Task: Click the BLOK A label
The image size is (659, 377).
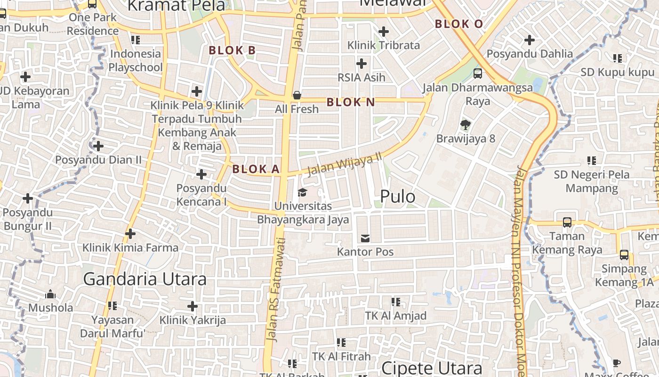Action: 256,169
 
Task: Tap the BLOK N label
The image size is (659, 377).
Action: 351,102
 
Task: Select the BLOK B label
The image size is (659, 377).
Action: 232,50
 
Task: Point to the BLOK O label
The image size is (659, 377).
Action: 459,24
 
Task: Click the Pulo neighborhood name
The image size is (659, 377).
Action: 397,197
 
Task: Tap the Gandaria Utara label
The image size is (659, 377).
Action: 145,279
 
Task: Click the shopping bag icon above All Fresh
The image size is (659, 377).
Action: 297,96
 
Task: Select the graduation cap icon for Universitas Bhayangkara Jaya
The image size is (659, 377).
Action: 302,192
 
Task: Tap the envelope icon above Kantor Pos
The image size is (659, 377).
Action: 365,238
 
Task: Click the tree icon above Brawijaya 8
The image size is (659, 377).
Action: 466,125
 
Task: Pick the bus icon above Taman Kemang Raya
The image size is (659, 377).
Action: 567,222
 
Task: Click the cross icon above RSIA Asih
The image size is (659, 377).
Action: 362,63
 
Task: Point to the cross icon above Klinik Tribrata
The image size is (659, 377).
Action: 384,32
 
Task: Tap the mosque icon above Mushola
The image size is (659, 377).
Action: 50,295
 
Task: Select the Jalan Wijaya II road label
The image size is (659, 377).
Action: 344,164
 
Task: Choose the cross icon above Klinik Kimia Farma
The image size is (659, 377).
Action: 130,233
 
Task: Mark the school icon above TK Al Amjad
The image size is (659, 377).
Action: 396,302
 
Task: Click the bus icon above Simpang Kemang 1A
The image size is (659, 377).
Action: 624,255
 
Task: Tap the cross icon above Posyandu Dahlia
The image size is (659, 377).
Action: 530,40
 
